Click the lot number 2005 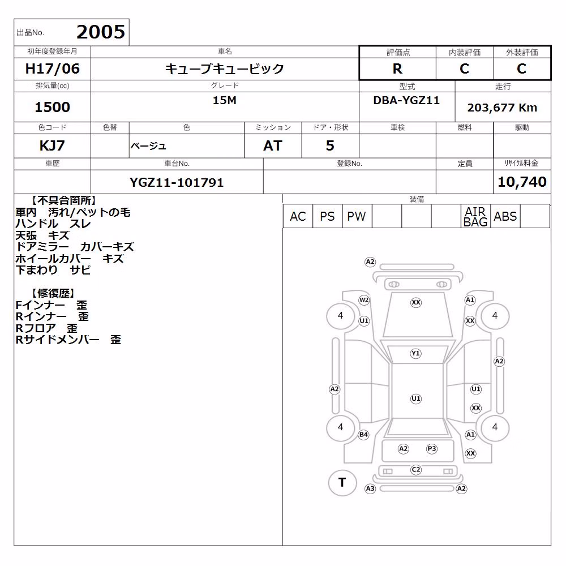101,32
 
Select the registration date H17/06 52,68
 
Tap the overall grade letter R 397,68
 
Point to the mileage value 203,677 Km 502,108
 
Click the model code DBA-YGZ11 406,100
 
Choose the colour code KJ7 52,145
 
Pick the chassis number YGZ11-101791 177,182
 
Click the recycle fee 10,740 522,182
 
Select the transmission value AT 273,145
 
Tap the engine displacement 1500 52,107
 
